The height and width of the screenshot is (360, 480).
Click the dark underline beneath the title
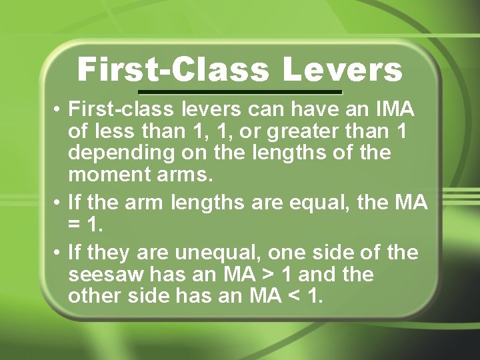point(240,92)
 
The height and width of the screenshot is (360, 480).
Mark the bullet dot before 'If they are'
point(59,253)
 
